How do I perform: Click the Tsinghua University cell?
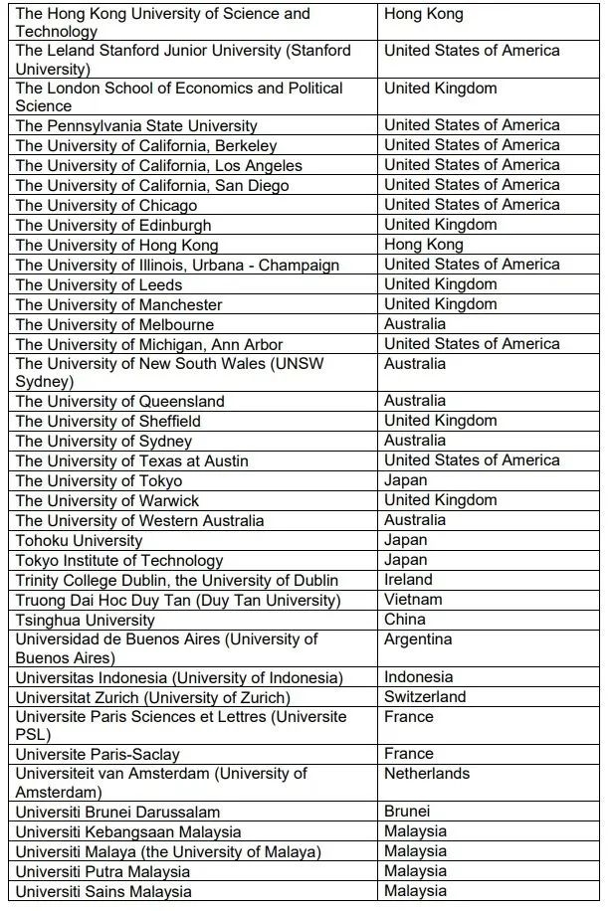(x=86, y=620)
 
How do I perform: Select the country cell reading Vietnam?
(x=413, y=600)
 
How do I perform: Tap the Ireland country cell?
(x=408, y=580)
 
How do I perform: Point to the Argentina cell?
(x=418, y=639)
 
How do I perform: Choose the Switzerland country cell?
(x=425, y=697)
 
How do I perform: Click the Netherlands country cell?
(x=426, y=774)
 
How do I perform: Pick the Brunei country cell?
(x=407, y=812)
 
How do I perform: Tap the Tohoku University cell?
(x=79, y=540)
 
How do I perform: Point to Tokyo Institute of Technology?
(x=119, y=560)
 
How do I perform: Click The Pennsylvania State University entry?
(x=136, y=126)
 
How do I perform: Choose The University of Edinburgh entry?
(x=113, y=225)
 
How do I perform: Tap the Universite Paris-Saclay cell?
(x=98, y=754)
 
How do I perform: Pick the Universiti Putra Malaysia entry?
(x=102, y=871)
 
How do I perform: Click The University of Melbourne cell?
(x=114, y=324)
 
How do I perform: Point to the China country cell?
(x=405, y=620)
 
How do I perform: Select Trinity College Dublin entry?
(x=177, y=580)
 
